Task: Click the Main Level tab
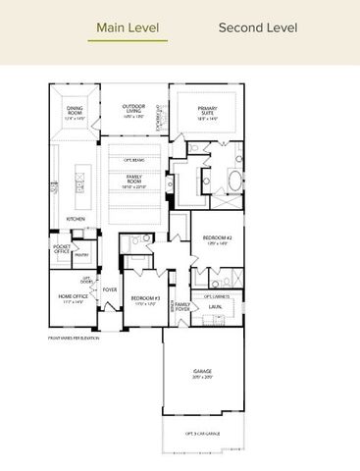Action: pyautogui.click(x=128, y=28)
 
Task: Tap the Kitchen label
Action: pyautogui.click(x=75, y=218)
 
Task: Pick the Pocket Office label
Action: pyautogui.click(x=62, y=249)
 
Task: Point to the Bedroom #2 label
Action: pyautogui.click(x=217, y=240)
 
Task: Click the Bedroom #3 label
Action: pyautogui.click(x=145, y=299)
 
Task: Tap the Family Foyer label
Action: pyautogui.click(x=182, y=306)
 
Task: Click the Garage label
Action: pyautogui.click(x=202, y=373)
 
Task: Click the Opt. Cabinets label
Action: pyautogui.click(x=217, y=294)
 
